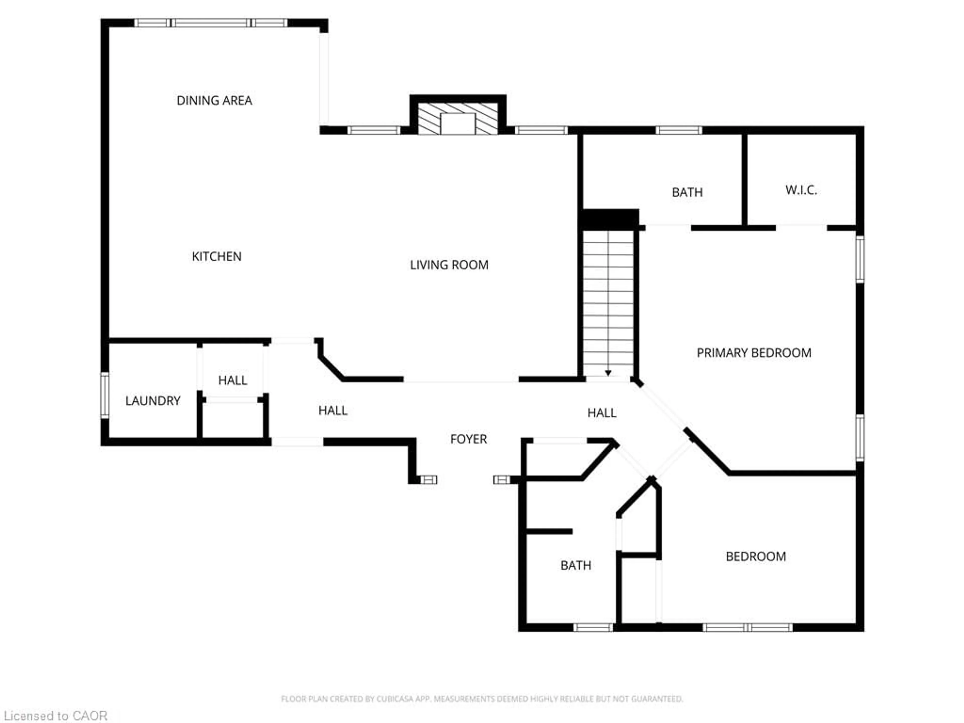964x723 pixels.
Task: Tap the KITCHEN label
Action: pyautogui.click(x=217, y=256)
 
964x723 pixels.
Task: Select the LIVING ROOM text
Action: pyautogui.click(x=449, y=265)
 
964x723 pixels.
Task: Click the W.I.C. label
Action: pyautogui.click(x=801, y=190)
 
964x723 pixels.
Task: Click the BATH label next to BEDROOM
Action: pyautogui.click(x=575, y=565)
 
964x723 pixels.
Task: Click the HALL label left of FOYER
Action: pyautogui.click(x=333, y=410)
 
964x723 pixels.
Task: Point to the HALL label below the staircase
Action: pyautogui.click(x=601, y=413)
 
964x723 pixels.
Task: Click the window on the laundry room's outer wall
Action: pyautogui.click(x=105, y=395)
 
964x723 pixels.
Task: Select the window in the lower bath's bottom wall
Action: pyautogui.click(x=593, y=628)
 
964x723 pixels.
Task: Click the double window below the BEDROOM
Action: pyautogui.click(x=747, y=628)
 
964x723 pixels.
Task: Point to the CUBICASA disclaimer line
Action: pyautogui.click(x=481, y=699)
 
